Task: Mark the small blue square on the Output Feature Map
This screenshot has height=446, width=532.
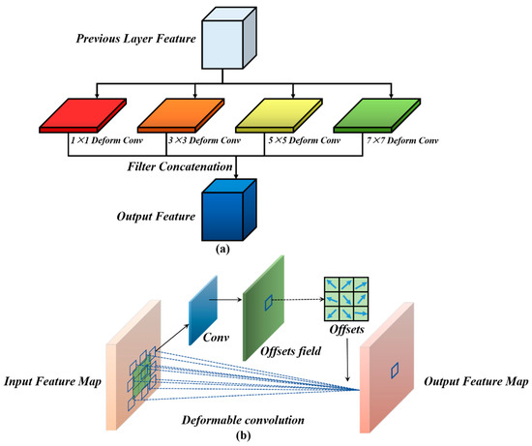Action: tap(394, 367)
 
